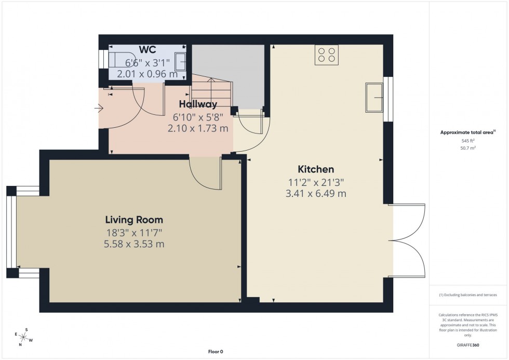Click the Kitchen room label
(x=315, y=169)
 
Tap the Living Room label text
(x=134, y=220)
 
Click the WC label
(x=148, y=50)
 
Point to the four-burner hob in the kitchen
(x=326, y=55)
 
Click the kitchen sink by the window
(x=374, y=97)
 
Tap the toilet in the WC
(x=118, y=60)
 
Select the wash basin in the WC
(x=182, y=61)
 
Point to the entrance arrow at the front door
(x=99, y=109)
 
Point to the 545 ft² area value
(x=468, y=140)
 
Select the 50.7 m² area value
(x=468, y=148)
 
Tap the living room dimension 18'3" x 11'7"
(x=134, y=233)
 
